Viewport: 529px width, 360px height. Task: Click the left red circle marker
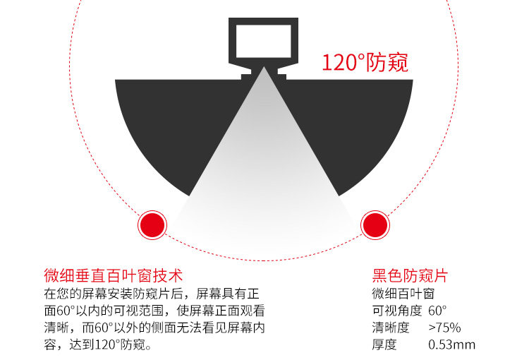[x=152, y=225]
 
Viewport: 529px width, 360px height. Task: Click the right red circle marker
[x=375, y=225]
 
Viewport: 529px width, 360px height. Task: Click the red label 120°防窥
[x=365, y=62]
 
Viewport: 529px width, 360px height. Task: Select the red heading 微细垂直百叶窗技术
[x=113, y=275]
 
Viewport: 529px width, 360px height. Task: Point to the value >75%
[x=444, y=328]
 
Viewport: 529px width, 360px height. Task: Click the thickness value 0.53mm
[x=451, y=345]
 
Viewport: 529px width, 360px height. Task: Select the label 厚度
[x=384, y=345]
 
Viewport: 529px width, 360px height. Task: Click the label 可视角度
[x=396, y=311]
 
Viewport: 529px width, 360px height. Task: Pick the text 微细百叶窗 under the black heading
[x=403, y=293]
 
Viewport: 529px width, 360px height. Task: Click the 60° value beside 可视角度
[x=437, y=311]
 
